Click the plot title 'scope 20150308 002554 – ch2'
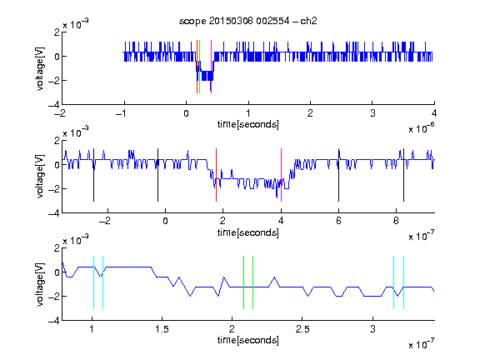pos(248,21)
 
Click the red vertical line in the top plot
pos(197,67)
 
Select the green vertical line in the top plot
pos(200,67)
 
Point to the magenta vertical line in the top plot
pos(211,67)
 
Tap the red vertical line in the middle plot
pos(216,175)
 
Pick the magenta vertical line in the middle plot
pos(281,175)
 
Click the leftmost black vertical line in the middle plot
pos(93,175)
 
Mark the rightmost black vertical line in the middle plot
pos(403,175)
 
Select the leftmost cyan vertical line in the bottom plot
pos(93,282)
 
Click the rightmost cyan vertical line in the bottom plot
pos(403,282)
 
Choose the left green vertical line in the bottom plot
pos(243,282)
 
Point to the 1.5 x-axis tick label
pos(162,329)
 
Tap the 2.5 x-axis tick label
pos(302,329)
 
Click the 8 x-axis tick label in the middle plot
pos(396,221)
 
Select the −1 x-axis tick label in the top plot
pos(121,113)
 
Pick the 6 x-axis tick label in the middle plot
pos(338,221)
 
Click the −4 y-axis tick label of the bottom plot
pos(54,321)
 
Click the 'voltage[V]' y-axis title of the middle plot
pos(40,177)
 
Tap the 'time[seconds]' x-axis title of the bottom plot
pos(248,340)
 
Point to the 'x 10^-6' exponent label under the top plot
pos(422,127)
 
